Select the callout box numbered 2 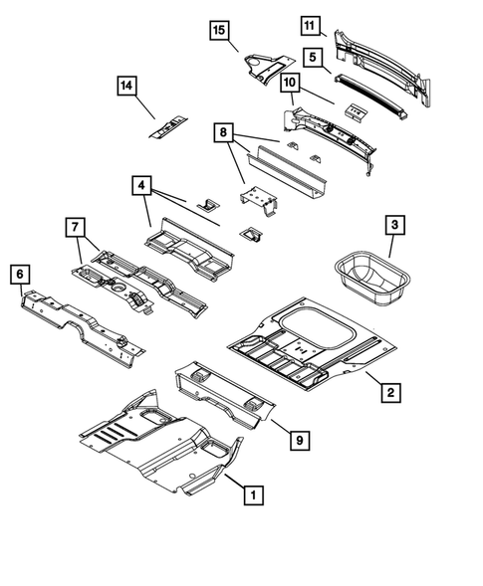[391, 393]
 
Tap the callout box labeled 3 [395, 228]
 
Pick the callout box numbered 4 [141, 186]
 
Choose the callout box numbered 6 [19, 272]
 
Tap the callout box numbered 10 [290, 84]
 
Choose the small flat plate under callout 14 [167, 125]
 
